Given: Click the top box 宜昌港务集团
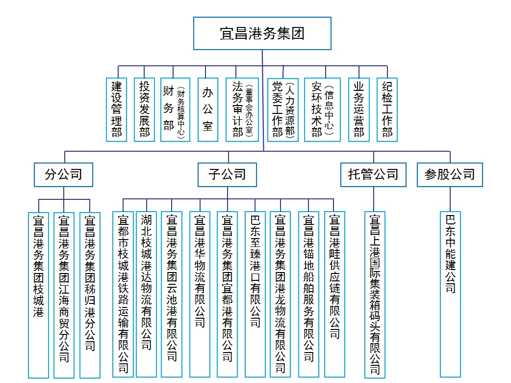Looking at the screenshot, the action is (262, 33).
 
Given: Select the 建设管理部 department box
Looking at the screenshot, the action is (116, 109).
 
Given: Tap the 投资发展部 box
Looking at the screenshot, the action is (144, 109).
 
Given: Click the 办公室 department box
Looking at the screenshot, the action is (208, 109).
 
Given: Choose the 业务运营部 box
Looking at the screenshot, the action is (359, 109).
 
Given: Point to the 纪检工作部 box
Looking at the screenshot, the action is (387, 109).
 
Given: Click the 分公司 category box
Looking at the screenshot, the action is (64, 174).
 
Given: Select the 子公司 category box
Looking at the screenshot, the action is (227, 174).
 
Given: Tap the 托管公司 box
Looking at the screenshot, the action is (374, 174).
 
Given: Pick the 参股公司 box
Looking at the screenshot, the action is (450, 174).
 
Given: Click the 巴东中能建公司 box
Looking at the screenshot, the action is (450, 294).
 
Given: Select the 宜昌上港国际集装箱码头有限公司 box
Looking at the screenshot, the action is (375, 295).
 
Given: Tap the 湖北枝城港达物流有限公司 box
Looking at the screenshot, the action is (146, 294).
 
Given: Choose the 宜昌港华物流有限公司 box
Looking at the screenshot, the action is (200, 294).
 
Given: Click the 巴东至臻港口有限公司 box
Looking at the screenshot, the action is (255, 294).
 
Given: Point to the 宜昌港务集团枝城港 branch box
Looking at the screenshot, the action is (38, 295).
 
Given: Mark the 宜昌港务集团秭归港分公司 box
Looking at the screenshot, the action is (90, 295).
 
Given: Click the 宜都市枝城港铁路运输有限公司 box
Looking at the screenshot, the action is (123, 294).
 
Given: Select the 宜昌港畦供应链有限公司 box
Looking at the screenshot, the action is (334, 294).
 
